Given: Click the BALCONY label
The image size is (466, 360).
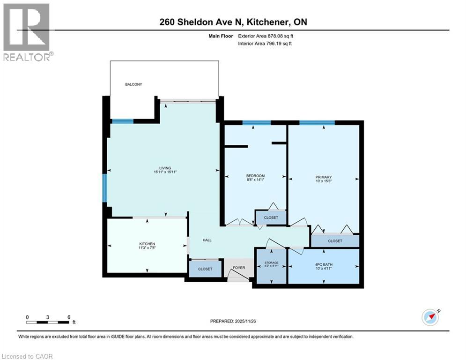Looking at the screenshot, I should tap(133, 84).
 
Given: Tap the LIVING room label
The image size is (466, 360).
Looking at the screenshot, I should tap(164, 168).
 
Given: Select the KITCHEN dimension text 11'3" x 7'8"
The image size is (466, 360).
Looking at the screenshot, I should tap(147, 248).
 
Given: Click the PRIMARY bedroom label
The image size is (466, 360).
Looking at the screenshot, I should tap(323, 177).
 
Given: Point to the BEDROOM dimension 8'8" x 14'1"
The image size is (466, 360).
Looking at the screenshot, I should tap(255, 180).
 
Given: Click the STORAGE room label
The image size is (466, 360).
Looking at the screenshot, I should tap(271, 262).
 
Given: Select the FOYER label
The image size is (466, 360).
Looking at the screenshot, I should tap(239, 268).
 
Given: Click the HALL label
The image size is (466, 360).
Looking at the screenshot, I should tap(207, 240).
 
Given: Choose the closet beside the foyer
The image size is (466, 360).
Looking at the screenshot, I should tap(205, 269).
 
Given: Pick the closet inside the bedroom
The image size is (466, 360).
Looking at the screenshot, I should tap(271, 217).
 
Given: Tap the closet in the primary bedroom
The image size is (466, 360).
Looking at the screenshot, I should tap(335, 241).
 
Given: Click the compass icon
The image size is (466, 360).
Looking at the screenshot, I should tap(430, 317).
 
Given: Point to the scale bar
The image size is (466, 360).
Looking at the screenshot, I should tap(48, 322).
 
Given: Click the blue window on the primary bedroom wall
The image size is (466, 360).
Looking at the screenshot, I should tap(317, 123).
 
